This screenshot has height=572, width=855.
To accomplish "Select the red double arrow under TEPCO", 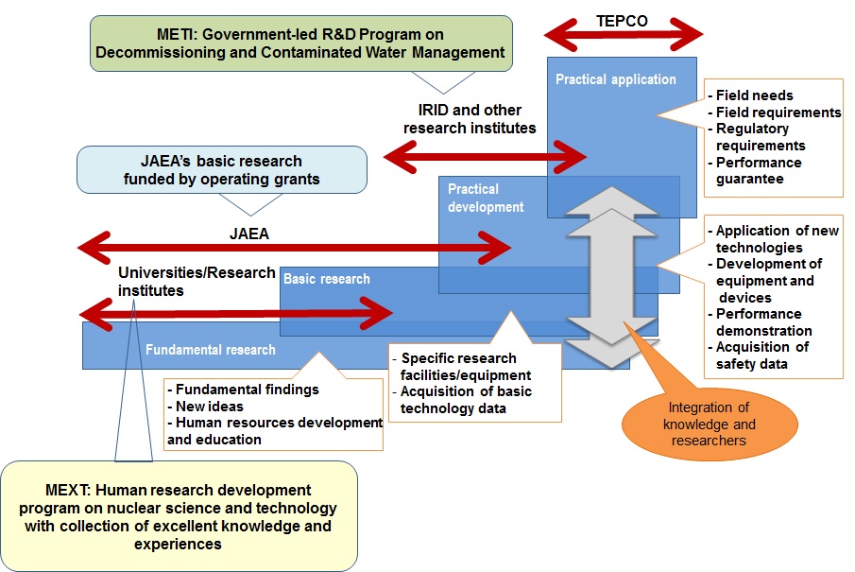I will pyautogui.click(x=624, y=36).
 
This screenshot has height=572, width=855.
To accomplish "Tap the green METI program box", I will pyautogui.click(x=301, y=43).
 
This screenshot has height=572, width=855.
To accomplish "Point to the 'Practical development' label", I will pyautogui.click(x=486, y=199).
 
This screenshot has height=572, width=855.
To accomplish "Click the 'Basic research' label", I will pyautogui.click(x=327, y=279).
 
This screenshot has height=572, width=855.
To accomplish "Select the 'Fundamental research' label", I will pyautogui.click(x=211, y=350).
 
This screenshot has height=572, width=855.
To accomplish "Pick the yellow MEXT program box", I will pyautogui.click(x=179, y=516).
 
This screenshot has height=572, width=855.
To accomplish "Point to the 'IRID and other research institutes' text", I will pyautogui.click(x=470, y=119).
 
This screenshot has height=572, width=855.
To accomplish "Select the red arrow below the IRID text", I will pyautogui.click(x=487, y=153).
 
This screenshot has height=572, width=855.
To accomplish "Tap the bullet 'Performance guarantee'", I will pyautogui.click(x=757, y=171).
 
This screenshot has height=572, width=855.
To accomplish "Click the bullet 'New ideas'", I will pyautogui.click(x=207, y=406).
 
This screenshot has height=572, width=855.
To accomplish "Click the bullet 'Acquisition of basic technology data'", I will pyautogui.click(x=465, y=400).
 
